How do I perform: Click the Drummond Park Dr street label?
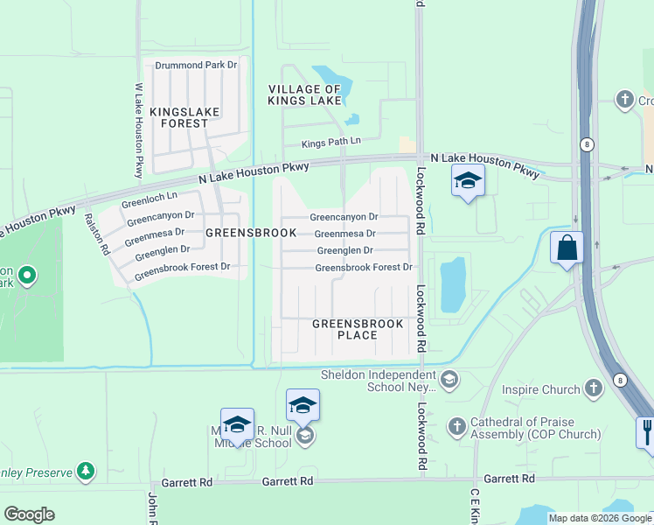click(x=196, y=66)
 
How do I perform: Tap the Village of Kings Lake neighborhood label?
click(x=304, y=95)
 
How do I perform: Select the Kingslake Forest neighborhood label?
click(x=178, y=117)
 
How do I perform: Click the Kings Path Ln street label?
click(x=331, y=142)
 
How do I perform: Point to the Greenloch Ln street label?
click(x=150, y=199)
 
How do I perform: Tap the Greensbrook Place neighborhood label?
click(x=358, y=330)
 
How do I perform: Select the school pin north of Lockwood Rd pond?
click(x=468, y=181)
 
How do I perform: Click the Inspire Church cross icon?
click(x=594, y=388)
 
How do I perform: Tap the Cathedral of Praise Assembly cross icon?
click(x=456, y=427)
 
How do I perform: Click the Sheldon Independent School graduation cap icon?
click(x=449, y=379)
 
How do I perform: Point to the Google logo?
click(x=29, y=514)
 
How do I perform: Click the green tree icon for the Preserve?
click(x=85, y=472)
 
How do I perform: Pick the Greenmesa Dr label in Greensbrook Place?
click(x=344, y=234)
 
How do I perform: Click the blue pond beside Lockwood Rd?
click(x=453, y=285)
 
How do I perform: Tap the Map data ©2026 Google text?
click(x=600, y=518)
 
